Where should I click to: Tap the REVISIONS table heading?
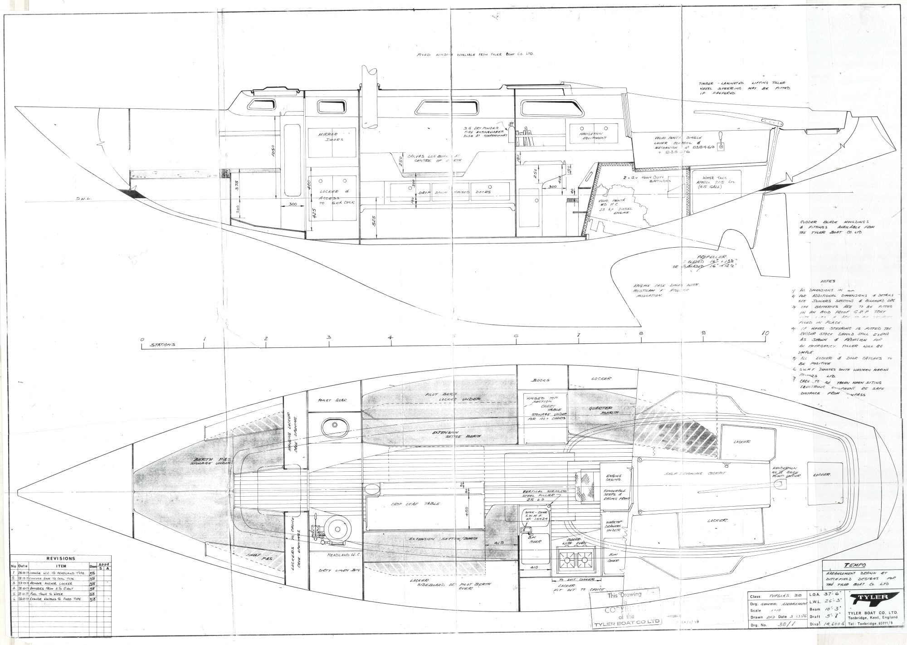click(x=61, y=558)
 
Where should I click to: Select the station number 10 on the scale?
click(x=765, y=333)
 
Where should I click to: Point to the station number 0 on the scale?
click(x=142, y=339)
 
